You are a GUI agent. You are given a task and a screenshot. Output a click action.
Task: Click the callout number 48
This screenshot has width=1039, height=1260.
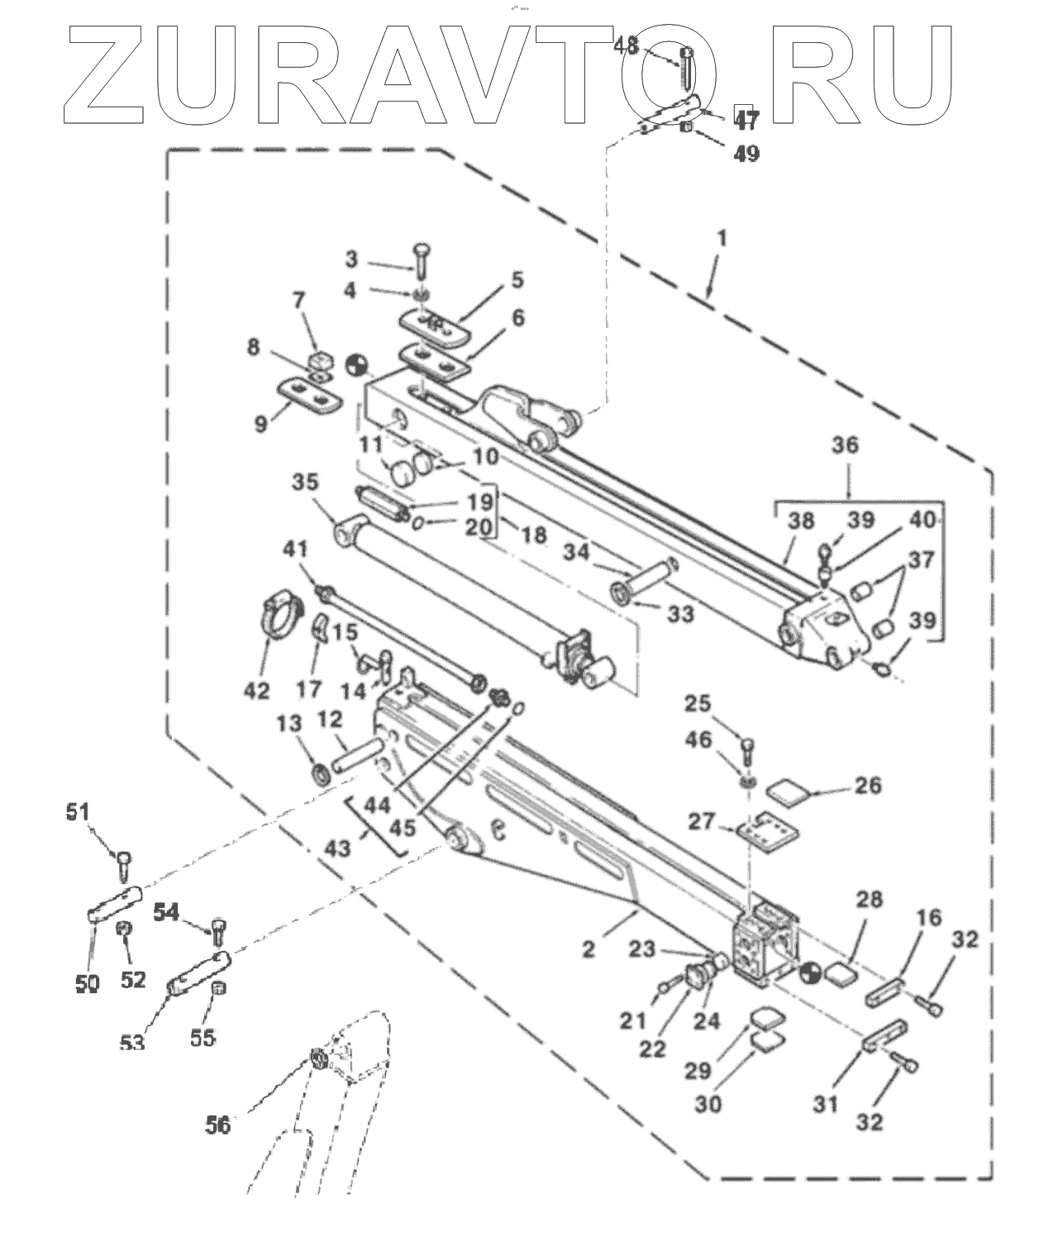pyautogui.click(x=626, y=45)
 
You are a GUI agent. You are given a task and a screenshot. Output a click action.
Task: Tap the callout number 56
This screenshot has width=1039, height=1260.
pyautogui.click(x=218, y=1124)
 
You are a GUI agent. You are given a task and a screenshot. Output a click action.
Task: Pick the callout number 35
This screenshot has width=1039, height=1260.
pyautogui.click(x=306, y=482)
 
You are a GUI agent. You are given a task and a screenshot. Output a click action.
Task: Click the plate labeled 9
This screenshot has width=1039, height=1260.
pyautogui.click(x=310, y=393)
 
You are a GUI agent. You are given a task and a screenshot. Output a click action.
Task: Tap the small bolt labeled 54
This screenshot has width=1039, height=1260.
pyautogui.click(x=219, y=931)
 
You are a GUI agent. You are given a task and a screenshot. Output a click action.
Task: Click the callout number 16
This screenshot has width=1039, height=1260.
pyautogui.click(x=930, y=917)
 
